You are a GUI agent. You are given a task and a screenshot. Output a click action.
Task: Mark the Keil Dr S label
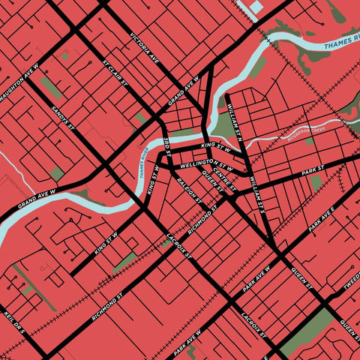[x=15, y=321]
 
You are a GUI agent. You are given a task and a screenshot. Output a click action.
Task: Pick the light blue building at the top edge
[x=256, y=7]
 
